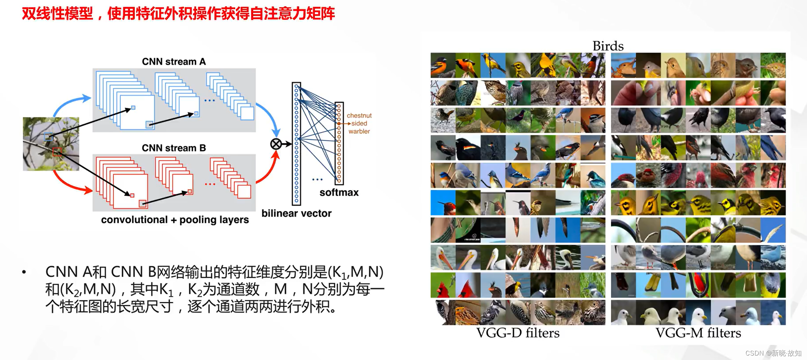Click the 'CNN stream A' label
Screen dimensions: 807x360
click(173, 61)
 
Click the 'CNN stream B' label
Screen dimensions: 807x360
click(173, 148)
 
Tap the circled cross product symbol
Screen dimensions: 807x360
click(276, 144)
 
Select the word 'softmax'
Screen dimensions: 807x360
click(339, 192)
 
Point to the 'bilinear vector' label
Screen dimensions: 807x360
click(296, 213)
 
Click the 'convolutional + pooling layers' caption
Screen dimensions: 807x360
click(175, 220)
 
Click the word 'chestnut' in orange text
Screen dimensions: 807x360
click(359, 116)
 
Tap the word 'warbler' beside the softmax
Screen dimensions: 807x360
click(359, 131)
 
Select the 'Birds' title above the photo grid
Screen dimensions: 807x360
click(608, 46)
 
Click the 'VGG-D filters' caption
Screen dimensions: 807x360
click(518, 333)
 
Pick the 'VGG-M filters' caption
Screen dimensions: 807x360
click(698, 333)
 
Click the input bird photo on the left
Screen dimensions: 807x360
click(51, 144)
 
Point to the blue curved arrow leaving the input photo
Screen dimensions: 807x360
click(70, 101)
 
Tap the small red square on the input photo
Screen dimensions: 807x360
click(57, 152)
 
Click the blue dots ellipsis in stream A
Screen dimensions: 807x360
click(209, 100)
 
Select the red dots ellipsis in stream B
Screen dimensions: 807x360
click(210, 184)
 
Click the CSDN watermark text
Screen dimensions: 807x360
click(773, 353)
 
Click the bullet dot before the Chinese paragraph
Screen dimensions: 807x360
click(24, 272)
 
